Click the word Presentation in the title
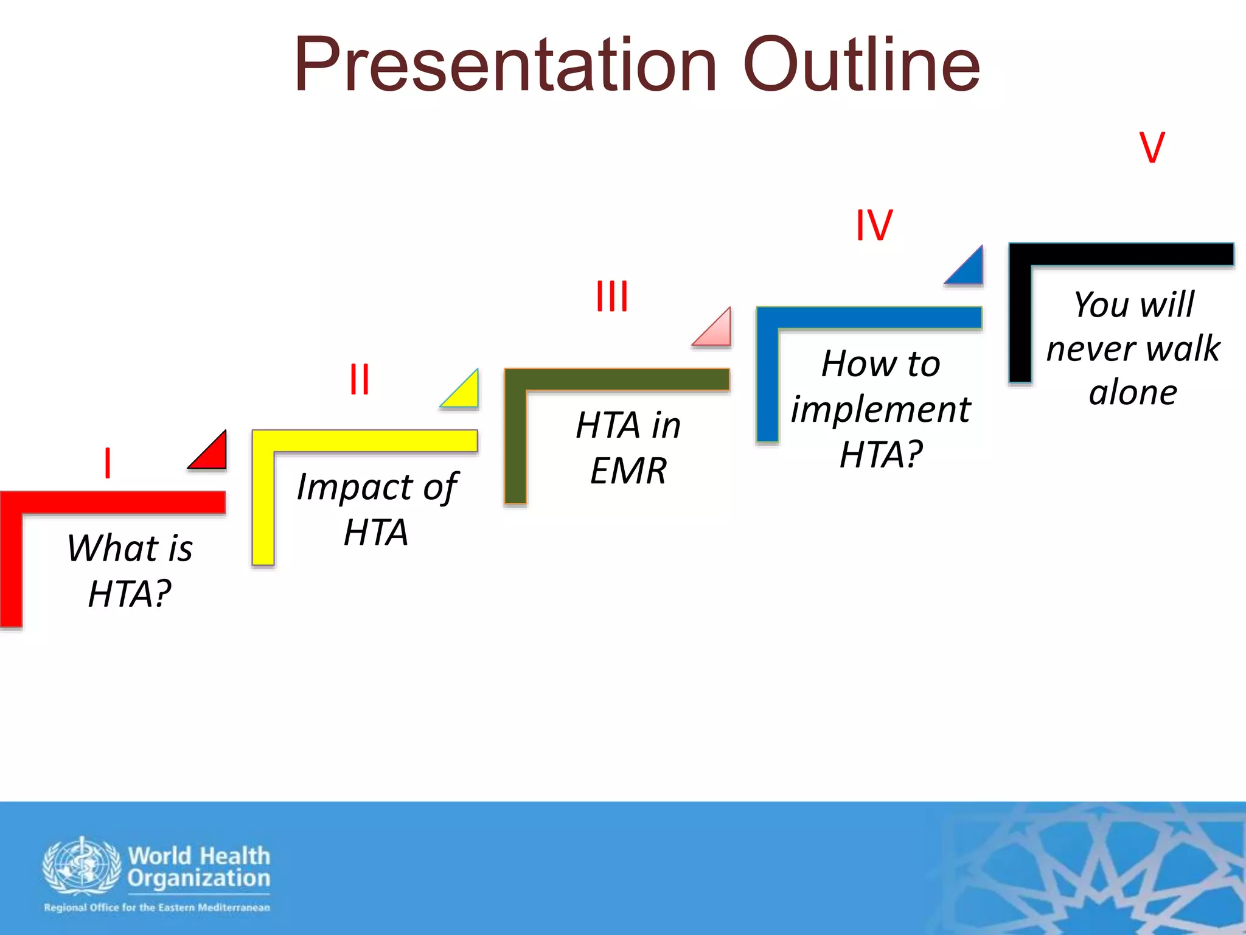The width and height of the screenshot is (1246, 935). [505, 66]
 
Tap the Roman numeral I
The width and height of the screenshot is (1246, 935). [108, 463]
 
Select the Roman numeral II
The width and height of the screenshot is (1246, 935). [360, 379]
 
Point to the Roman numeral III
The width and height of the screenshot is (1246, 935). [612, 296]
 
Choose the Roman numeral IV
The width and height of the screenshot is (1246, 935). [874, 225]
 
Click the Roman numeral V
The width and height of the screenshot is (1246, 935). [1152, 147]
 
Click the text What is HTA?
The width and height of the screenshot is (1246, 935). [130, 570]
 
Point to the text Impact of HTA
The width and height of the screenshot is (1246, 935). [377, 509]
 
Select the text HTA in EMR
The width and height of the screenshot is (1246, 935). [628, 447]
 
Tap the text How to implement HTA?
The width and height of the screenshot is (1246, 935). [880, 409]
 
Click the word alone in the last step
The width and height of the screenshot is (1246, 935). [1133, 393]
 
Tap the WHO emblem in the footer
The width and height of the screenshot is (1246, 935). [82, 866]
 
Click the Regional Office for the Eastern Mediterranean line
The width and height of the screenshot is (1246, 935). [157, 908]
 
